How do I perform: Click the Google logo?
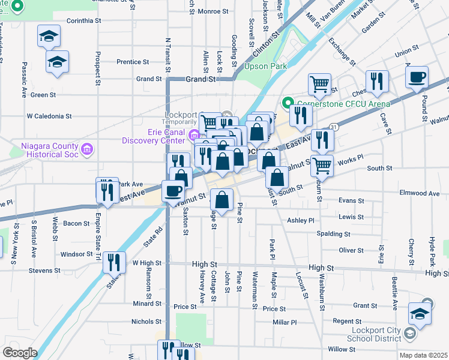pyautogui.click(x=20, y=352)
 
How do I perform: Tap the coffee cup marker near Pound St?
pyautogui.click(x=417, y=77)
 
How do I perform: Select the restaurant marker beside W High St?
pyautogui.click(x=112, y=262)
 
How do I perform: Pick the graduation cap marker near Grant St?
pyautogui.click(x=420, y=313)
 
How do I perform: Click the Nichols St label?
pyautogui.click(x=146, y=322)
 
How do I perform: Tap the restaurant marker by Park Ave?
pyautogui.click(x=104, y=191)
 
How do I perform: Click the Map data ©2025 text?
pyautogui.click(x=423, y=355)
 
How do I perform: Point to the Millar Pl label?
pyautogui.click(x=285, y=322)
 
